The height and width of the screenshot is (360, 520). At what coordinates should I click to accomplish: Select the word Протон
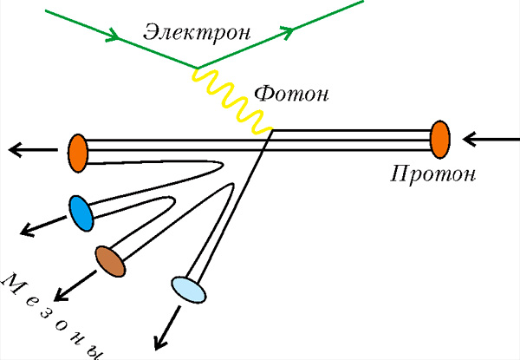pyautogui.click(x=432, y=173)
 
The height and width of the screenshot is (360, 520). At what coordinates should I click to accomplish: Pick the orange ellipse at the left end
pyautogui.click(x=77, y=151)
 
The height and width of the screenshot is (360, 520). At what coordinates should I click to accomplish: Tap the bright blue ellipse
pyautogui.click(x=81, y=213)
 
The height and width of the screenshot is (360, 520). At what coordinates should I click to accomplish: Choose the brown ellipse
pyautogui.click(x=110, y=259)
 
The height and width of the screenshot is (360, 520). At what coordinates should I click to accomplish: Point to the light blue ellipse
pyautogui.click(x=187, y=289)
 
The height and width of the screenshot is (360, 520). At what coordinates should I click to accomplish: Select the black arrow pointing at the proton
pyautogui.click(x=489, y=137)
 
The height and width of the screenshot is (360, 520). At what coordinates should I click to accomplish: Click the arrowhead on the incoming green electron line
pyautogui.click(x=114, y=37)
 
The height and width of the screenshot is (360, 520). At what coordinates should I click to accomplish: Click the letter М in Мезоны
pyautogui.click(x=13, y=282)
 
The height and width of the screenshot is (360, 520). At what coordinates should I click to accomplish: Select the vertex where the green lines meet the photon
pyautogui.click(x=198, y=68)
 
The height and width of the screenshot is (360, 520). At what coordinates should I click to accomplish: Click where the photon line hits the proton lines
pyautogui.click(x=271, y=131)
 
